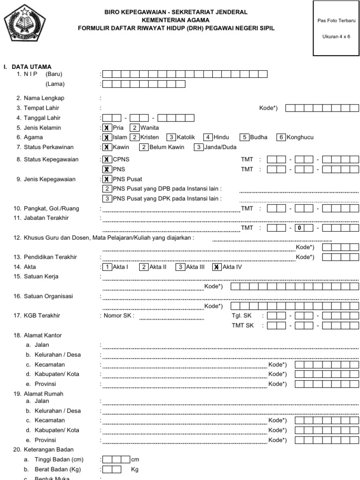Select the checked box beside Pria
(107, 127)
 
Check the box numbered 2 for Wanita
(135, 127)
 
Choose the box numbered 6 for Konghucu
(281, 137)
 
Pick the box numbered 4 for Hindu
(208, 137)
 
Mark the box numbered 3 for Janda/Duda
(198, 147)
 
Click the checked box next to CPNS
(107, 159)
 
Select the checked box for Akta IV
(217, 267)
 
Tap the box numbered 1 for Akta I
(107, 267)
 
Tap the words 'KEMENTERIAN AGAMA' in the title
(176, 20)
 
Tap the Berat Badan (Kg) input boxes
(112, 469)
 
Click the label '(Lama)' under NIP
(55, 84)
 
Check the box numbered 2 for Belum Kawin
(144, 147)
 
